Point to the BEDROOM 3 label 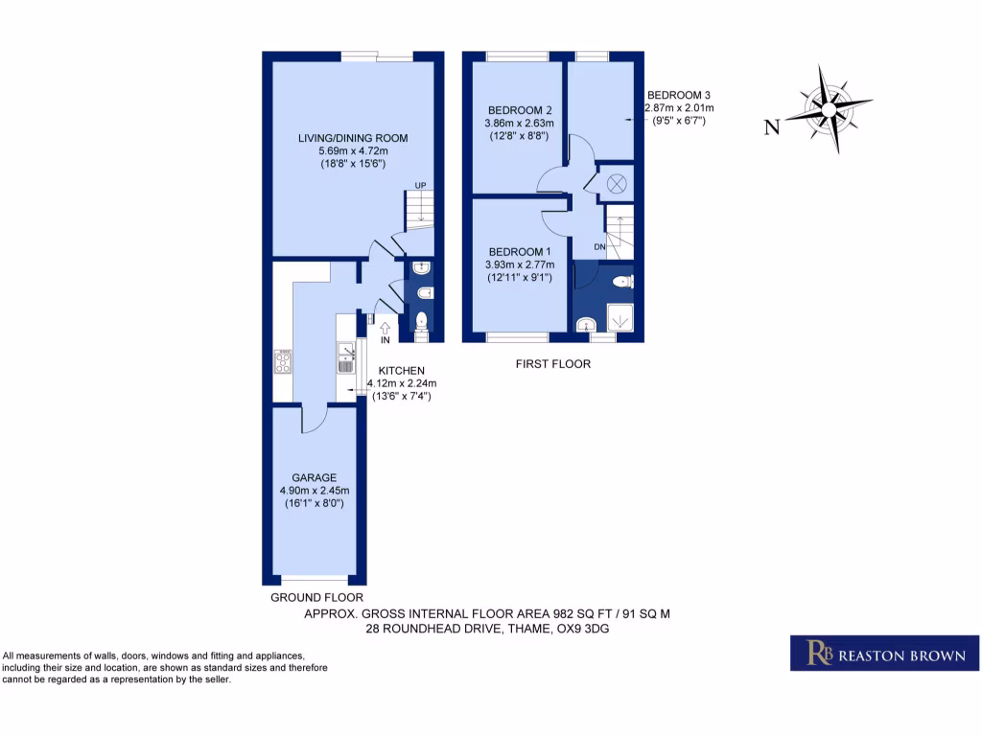point(679,95)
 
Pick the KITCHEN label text point(401,371)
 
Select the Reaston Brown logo point(884,653)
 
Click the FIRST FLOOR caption point(552,364)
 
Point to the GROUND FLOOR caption point(316,596)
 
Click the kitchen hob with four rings point(284,361)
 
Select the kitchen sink point(345,358)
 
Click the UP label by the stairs point(420,185)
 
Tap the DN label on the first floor point(600,246)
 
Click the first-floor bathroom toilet point(620,282)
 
